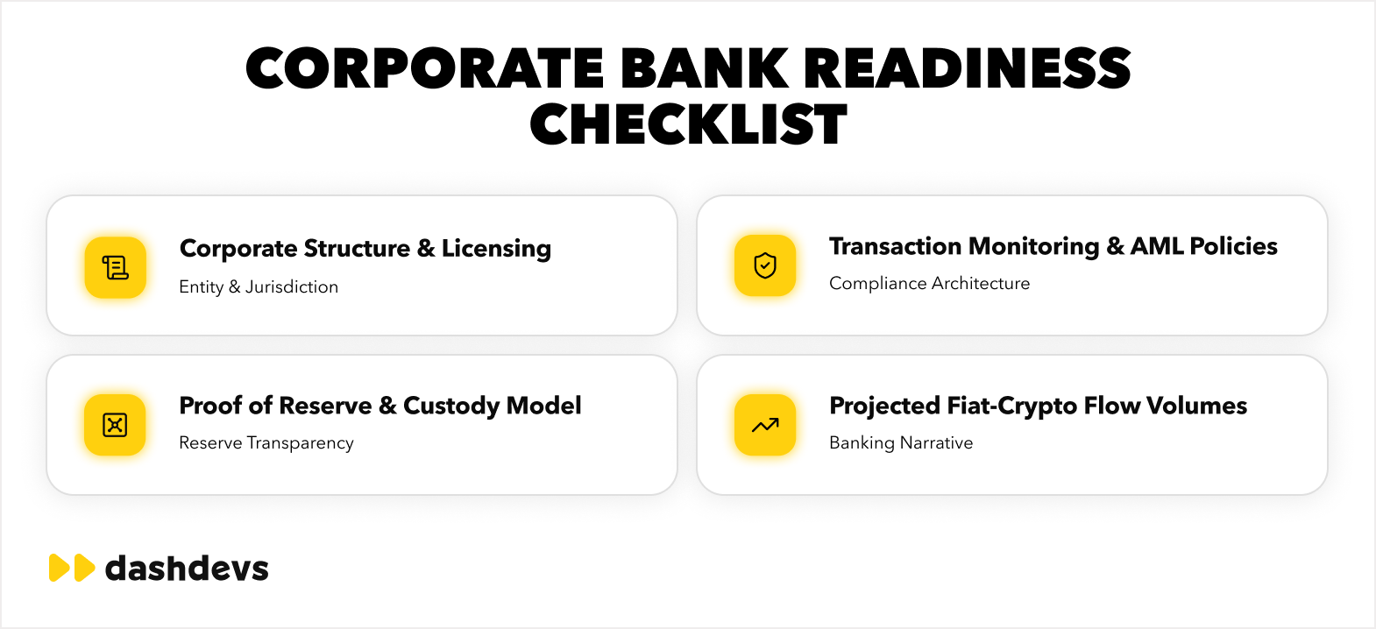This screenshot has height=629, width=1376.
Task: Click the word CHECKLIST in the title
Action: click(688, 124)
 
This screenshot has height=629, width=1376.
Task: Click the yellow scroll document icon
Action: click(116, 268)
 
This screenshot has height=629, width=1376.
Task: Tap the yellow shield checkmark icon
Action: click(765, 265)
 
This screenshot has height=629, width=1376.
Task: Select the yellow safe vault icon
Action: click(115, 425)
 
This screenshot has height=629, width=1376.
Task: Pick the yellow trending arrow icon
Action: click(765, 425)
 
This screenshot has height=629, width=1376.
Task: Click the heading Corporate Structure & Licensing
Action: click(365, 249)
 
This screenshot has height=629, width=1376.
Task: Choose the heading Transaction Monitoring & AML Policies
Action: click(1053, 246)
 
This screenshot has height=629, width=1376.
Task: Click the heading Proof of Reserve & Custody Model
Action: click(380, 406)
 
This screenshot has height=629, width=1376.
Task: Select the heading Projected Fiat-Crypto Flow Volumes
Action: click(1039, 406)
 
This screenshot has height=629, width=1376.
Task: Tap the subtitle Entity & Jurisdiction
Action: click(259, 286)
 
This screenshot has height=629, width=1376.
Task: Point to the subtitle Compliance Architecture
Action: click(929, 283)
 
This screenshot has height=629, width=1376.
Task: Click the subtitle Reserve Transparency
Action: click(266, 443)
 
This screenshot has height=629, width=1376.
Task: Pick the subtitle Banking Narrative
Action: click(901, 443)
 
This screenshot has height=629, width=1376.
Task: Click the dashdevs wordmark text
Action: click(187, 568)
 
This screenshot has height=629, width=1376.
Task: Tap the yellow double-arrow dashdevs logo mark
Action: click(72, 568)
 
